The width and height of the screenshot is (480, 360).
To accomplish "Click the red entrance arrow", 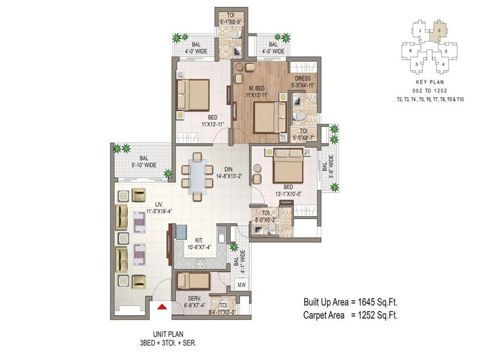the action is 162,307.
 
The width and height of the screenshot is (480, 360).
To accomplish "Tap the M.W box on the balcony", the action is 242,285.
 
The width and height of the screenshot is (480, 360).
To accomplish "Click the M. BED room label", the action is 257,88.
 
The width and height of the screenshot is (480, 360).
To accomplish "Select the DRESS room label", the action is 303,79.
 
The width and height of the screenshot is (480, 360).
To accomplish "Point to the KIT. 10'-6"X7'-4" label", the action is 199,244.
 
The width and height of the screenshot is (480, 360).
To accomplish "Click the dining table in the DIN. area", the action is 197,176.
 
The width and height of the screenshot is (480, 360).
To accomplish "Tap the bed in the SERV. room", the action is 193,281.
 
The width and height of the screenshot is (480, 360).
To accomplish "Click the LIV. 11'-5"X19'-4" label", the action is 159,208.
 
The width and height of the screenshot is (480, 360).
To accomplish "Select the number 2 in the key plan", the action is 439,31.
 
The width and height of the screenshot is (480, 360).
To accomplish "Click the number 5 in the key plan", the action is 416,64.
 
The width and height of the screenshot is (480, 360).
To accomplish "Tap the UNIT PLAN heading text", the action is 169,334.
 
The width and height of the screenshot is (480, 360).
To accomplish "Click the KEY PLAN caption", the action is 430,82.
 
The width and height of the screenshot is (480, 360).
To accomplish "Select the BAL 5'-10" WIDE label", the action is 144,161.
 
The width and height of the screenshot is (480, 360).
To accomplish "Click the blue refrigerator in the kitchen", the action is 181,232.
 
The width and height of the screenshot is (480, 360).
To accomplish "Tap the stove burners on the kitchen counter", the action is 200,264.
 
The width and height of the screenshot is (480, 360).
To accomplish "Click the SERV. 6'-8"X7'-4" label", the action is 194,302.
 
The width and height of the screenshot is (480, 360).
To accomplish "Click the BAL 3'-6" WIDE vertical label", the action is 328,167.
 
